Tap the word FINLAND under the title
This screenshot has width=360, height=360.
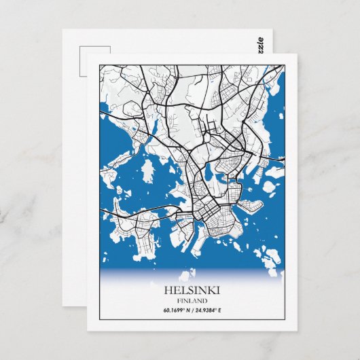(195, 300)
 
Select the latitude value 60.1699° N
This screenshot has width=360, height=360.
(177, 311)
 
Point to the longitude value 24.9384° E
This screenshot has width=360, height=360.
(213, 311)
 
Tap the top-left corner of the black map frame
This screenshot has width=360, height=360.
(99, 65)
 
